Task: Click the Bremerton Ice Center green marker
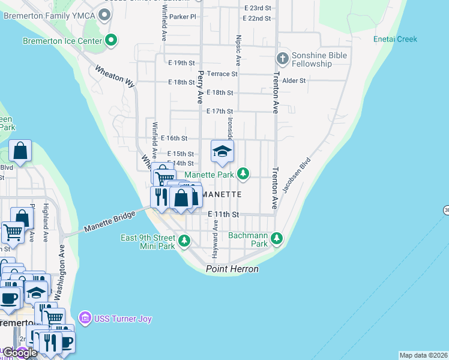(x=111, y=41)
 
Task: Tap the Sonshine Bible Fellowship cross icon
(x=282, y=59)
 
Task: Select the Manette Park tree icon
(x=243, y=174)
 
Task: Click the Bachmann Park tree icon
(x=277, y=239)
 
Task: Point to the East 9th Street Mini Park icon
(x=184, y=241)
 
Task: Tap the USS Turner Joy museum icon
(x=85, y=319)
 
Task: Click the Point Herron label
(x=232, y=269)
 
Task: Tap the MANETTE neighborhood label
(x=221, y=194)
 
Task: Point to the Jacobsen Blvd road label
(x=297, y=177)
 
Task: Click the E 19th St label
(x=182, y=62)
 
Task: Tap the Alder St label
(x=294, y=80)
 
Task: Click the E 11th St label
(x=223, y=214)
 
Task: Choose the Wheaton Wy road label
(x=115, y=76)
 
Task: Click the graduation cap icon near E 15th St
(x=221, y=151)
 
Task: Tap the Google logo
(x=20, y=353)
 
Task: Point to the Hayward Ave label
(x=214, y=238)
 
